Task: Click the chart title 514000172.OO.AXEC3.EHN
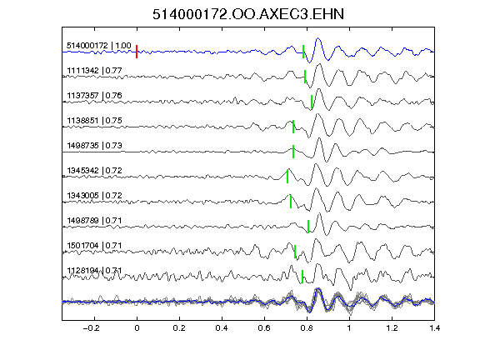(x=248, y=14)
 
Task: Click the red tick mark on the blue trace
(x=137, y=52)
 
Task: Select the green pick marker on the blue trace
(x=303, y=52)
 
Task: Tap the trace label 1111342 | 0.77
(x=94, y=71)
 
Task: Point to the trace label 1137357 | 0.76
(x=94, y=96)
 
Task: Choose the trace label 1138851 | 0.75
(x=94, y=121)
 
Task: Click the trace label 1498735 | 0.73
(x=94, y=145)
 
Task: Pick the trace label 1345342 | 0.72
(x=94, y=171)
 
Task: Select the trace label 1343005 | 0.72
(x=94, y=196)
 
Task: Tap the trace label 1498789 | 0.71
(x=94, y=221)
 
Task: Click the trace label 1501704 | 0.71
(x=94, y=246)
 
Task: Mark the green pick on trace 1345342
(x=287, y=177)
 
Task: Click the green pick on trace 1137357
(x=312, y=102)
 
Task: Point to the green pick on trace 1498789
(x=308, y=227)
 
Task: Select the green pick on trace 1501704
(x=295, y=252)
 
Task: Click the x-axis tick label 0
(x=137, y=328)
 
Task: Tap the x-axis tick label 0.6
(x=264, y=328)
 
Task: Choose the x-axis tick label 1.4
(x=434, y=328)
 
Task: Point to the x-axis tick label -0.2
(x=91, y=328)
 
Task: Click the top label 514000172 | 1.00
(x=99, y=46)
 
